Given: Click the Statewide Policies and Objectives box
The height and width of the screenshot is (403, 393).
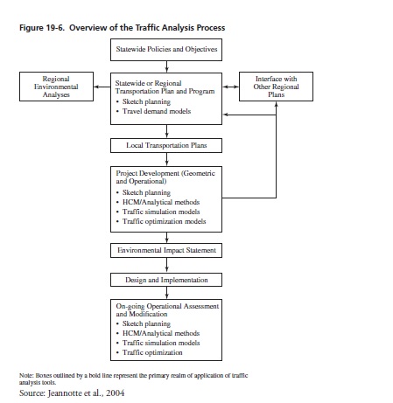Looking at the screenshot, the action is point(166,50).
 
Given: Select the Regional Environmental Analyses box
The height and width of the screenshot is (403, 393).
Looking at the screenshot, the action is point(56,87).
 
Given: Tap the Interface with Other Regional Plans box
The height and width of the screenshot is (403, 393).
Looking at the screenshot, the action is point(276,87).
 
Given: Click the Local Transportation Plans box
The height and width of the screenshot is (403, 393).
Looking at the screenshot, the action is point(166,145).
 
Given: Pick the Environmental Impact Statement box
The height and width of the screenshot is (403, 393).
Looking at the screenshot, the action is point(166,250).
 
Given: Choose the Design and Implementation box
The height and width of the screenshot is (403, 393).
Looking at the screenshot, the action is point(166,280).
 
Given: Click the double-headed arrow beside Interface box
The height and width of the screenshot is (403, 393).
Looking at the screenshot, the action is point(231,87).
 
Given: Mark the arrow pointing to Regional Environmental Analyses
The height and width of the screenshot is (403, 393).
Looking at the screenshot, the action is point(102,87).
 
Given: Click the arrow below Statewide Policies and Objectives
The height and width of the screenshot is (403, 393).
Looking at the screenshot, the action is point(166,66).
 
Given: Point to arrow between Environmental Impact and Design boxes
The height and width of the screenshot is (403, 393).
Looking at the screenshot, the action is point(166,265).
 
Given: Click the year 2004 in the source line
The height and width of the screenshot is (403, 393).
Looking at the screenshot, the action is point(115,393).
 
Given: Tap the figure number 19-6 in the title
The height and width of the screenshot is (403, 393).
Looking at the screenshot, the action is point(54,28).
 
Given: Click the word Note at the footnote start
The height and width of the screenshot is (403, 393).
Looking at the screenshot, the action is point(26,375).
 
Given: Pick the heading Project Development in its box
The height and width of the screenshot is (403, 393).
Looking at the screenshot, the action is point(147,173).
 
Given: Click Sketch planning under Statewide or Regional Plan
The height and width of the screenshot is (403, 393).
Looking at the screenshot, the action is point(146,101).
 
